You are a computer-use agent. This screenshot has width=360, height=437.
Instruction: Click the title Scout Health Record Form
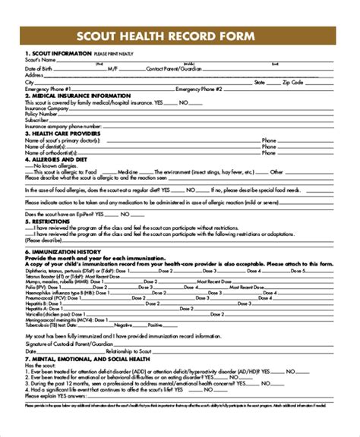(x=180, y=37)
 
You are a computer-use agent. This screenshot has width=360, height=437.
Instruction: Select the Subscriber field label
(x=37, y=119)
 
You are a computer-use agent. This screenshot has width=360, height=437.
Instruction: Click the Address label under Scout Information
(x=33, y=75)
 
